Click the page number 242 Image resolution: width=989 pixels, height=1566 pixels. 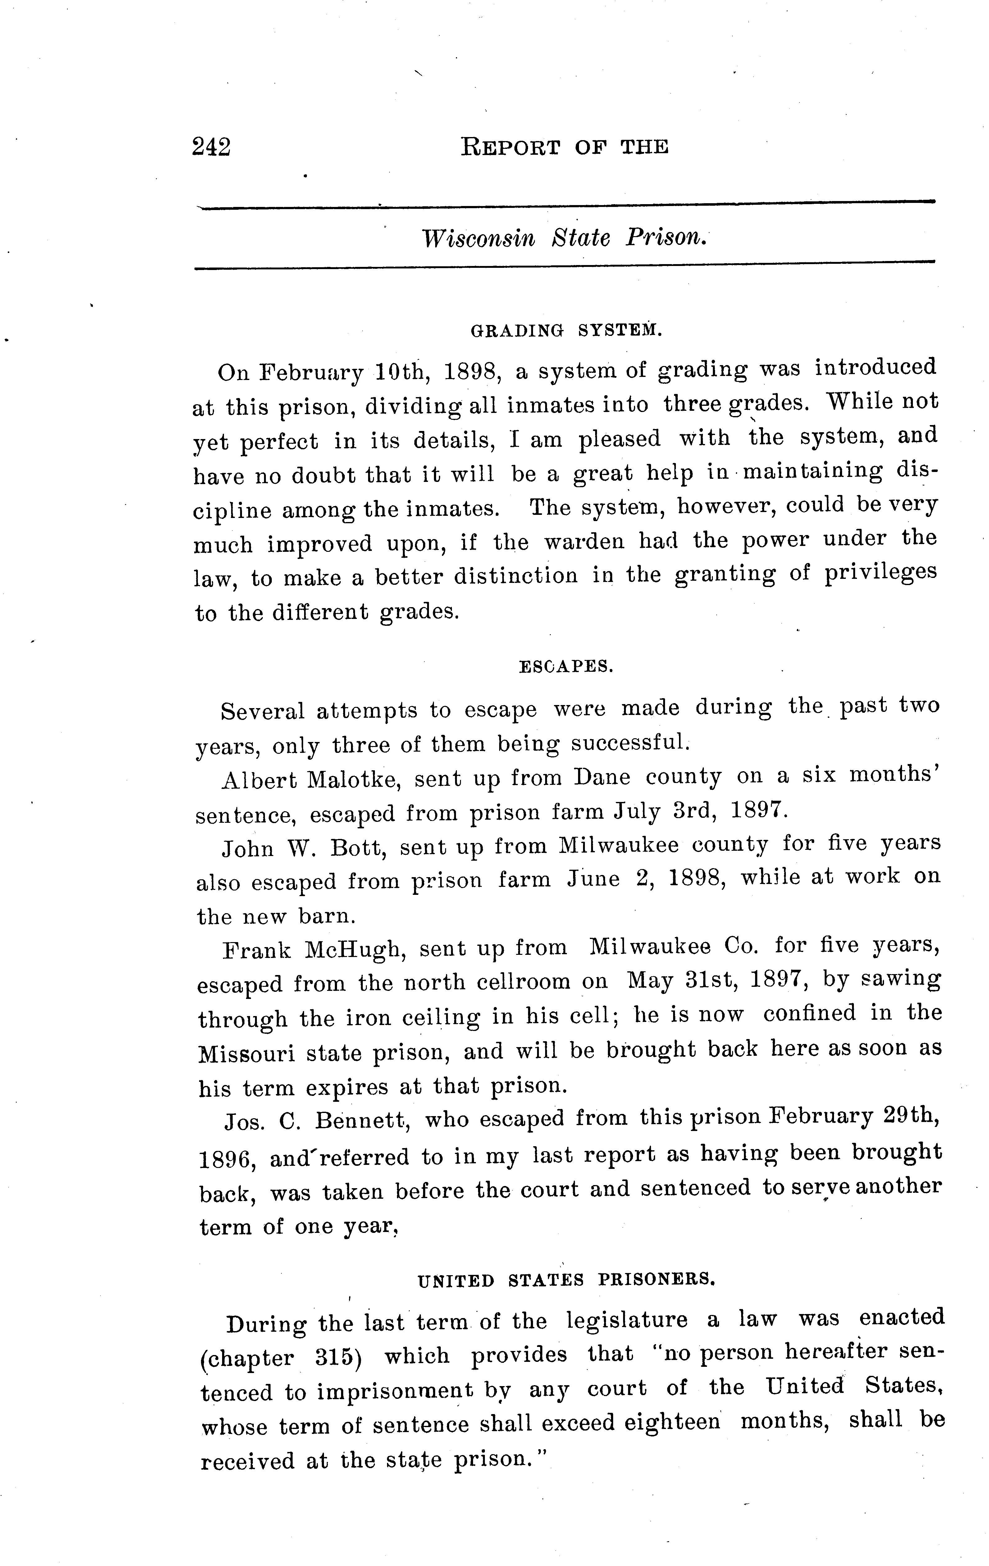point(211,148)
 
